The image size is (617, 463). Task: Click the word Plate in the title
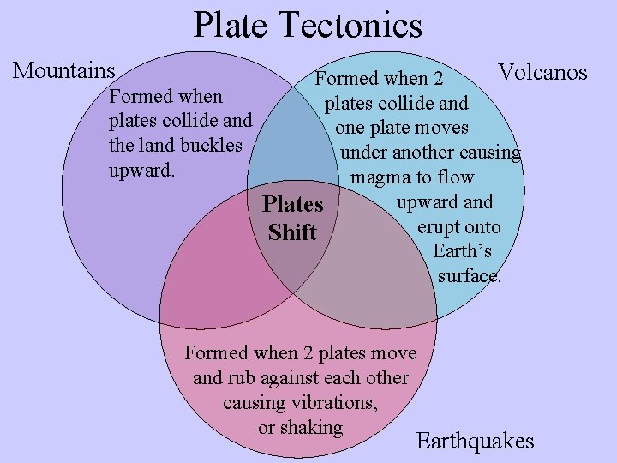(x=226, y=25)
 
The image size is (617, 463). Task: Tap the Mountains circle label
(x=64, y=69)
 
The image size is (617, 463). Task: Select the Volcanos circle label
(x=542, y=72)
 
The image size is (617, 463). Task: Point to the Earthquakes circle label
(x=475, y=442)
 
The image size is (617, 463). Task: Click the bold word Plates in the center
(x=293, y=205)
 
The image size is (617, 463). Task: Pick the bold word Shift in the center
(x=292, y=232)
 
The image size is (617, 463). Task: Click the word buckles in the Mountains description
(x=212, y=145)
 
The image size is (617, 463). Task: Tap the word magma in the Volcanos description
(x=380, y=177)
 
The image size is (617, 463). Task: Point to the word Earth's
(x=462, y=251)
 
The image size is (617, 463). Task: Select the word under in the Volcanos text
(x=364, y=153)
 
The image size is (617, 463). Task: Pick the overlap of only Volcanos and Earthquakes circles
(x=377, y=266)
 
